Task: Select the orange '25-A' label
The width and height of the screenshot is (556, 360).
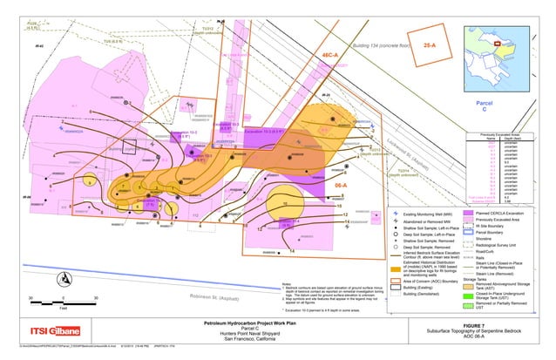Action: point(429,44)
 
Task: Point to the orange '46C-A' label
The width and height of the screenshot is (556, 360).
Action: point(335,55)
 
